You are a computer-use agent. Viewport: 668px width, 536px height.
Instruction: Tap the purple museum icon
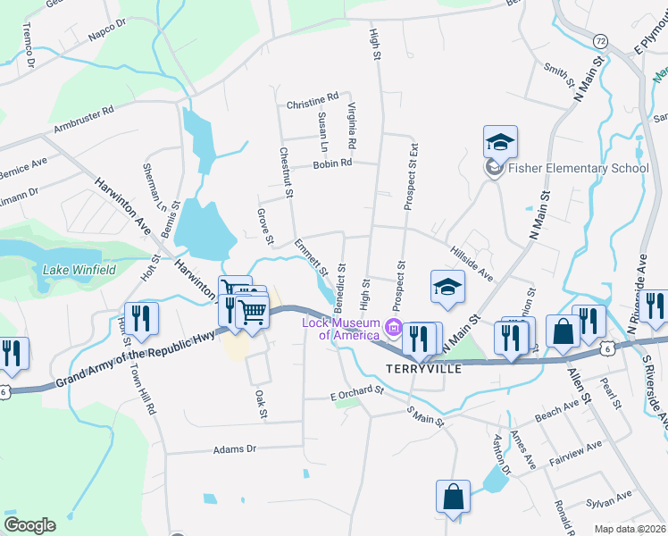393,330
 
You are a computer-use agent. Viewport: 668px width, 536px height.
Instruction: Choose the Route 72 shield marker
600,41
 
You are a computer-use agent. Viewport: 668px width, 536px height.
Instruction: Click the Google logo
29,524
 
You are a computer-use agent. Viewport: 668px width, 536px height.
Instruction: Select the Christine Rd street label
313,96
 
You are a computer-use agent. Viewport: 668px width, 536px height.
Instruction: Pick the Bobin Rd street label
332,163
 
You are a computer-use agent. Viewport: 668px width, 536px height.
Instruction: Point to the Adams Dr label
235,449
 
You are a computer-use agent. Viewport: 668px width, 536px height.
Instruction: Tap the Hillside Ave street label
472,264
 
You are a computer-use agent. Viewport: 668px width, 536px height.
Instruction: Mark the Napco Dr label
110,35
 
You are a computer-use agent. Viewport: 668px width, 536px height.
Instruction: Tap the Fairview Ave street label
576,455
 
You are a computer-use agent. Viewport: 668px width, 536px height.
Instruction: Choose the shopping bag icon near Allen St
564,331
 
